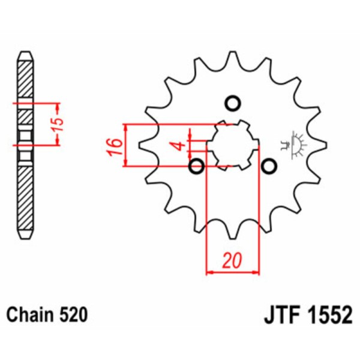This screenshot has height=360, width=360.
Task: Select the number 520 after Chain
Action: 73,315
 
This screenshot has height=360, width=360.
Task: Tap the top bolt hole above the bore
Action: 232,103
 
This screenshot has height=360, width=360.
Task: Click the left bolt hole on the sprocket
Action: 196,166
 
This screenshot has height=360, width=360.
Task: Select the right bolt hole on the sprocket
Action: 268,166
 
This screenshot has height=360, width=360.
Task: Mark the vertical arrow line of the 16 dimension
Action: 125,146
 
